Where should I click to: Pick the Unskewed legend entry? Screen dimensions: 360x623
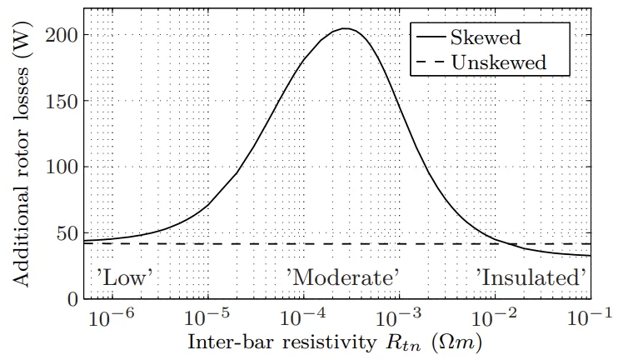tap(498, 62)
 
